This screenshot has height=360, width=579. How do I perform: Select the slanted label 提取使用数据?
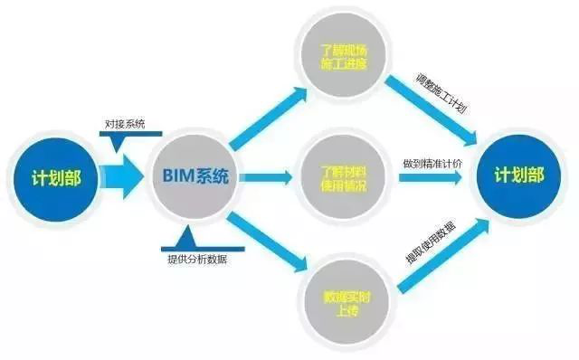point(432,256)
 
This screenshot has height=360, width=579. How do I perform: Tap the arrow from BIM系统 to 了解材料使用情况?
point(267,178)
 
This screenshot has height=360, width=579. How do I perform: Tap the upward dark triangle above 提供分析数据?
point(186,238)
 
